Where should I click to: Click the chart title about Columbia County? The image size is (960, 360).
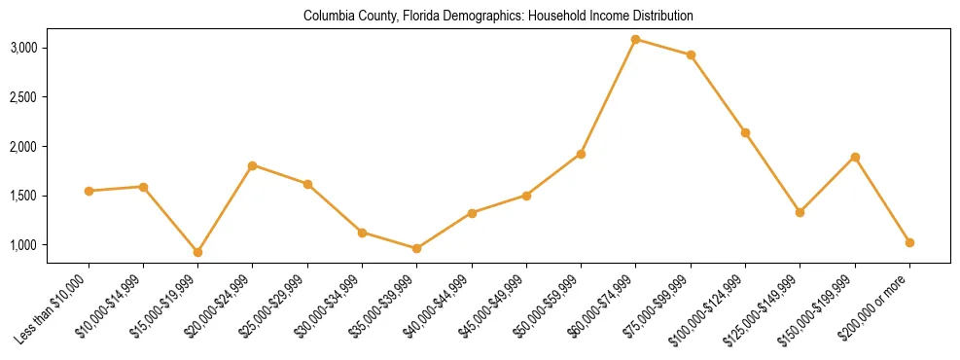pyautogui.click(x=498, y=17)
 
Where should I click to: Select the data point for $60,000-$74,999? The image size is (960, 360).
pyautogui.click(x=636, y=40)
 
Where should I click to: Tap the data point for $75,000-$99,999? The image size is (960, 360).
pyautogui.click(x=691, y=55)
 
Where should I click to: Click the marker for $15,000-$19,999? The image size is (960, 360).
pyautogui.click(x=198, y=252)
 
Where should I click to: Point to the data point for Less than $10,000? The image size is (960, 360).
pyautogui.click(x=89, y=191)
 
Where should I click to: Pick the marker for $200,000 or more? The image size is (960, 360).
pyautogui.click(x=909, y=242)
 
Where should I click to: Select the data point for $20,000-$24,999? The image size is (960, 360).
pyautogui.click(x=253, y=165)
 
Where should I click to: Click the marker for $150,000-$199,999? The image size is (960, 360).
pyautogui.click(x=855, y=157)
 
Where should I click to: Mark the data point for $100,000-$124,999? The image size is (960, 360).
pyautogui.click(x=745, y=132)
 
